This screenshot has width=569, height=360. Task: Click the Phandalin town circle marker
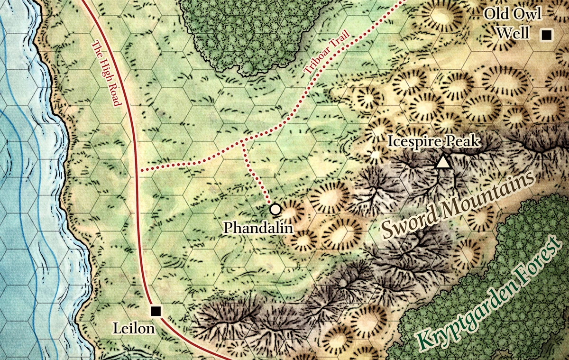pyautogui.click(x=274, y=209)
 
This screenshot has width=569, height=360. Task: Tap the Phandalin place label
pyautogui.click(x=258, y=228)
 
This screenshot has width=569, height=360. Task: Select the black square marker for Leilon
pyautogui.click(x=155, y=311)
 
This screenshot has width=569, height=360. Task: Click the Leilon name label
pyautogui.click(x=134, y=328)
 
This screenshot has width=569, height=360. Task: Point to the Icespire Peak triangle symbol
pyautogui.click(x=443, y=162)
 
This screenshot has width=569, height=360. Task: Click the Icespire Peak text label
pyautogui.click(x=434, y=141)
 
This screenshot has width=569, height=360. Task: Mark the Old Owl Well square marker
pyautogui.click(x=547, y=34)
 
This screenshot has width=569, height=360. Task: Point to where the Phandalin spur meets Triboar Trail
pyautogui.click(x=243, y=141)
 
